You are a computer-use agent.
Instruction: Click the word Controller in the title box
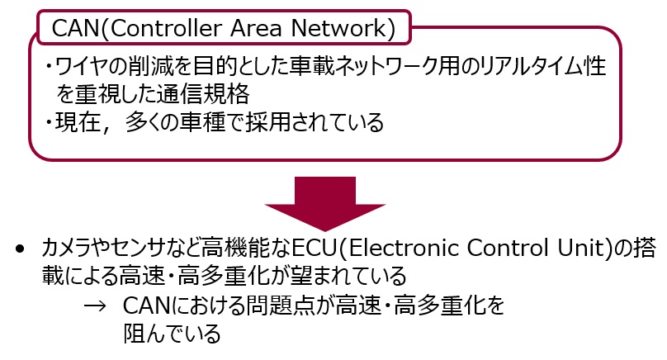click(x=165, y=28)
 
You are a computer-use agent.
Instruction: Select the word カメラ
click(x=64, y=248)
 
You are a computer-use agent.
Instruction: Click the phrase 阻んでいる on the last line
click(x=172, y=334)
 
